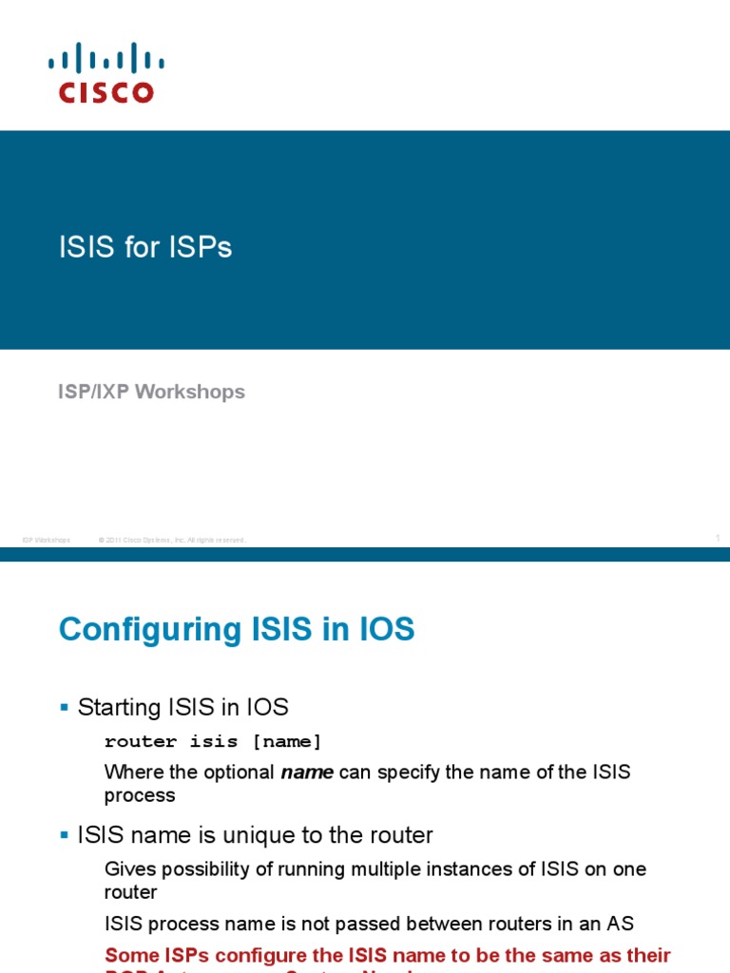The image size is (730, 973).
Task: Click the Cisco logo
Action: (106, 72)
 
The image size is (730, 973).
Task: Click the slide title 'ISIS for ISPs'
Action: (145, 248)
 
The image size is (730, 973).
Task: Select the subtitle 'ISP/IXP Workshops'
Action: (151, 391)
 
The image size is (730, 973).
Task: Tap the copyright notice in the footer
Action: (171, 540)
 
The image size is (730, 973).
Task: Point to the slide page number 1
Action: (718, 539)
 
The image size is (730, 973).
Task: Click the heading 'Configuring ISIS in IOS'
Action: (237, 630)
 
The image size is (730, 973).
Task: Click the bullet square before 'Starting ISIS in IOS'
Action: (65, 707)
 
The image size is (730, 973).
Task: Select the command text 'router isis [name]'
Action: (213, 741)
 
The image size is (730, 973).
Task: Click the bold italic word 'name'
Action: (307, 773)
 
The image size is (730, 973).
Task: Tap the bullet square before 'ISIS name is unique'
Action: (65, 835)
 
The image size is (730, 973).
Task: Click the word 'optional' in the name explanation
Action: (236, 773)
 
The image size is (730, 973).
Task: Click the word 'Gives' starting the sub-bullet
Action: (128, 868)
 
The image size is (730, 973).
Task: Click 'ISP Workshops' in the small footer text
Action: (47, 540)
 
